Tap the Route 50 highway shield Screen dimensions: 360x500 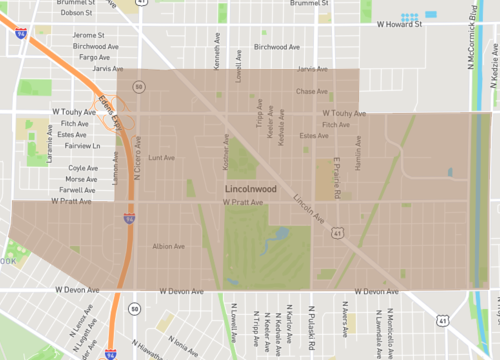138,87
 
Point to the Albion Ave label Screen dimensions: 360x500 163,246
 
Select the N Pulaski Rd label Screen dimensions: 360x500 311,329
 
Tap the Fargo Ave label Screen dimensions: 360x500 93,57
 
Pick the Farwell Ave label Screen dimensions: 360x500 77,189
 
